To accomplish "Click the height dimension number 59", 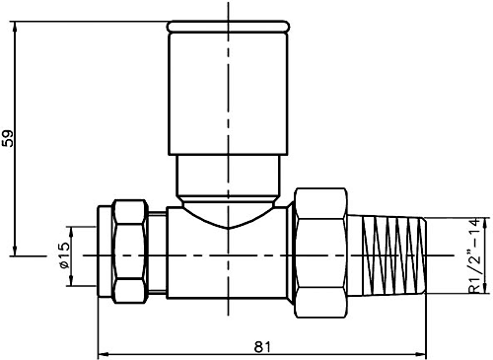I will click(x=10, y=137).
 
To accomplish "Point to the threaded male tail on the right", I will click(x=390, y=254).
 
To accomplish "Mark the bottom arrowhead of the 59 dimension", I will click(x=17, y=249).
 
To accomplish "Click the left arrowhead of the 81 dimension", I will click(x=101, y=352).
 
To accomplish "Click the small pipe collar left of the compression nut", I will click(x=106, y=254).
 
